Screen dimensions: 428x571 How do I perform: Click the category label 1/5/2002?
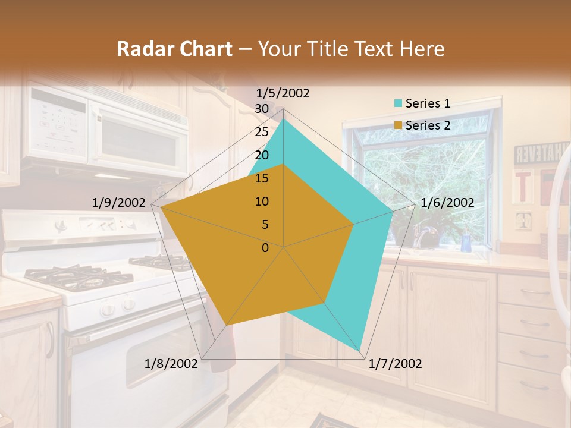pos(283,93)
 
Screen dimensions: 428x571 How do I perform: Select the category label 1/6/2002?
pos(447,203)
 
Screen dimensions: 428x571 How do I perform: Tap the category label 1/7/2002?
pos(395,364)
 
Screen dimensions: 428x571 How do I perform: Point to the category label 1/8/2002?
pos(171,364)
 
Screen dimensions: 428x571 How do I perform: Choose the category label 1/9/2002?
pos(118,203)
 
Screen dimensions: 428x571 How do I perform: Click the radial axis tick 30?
pos(261,109)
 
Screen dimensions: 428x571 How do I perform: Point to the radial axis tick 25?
pos(261,132)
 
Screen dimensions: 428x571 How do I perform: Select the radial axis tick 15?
pos(261,178)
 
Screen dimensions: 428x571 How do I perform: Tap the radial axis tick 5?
pos(265,225)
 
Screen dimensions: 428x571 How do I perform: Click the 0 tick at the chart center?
pos(265,248)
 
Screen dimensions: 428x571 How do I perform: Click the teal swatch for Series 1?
pos(398,104)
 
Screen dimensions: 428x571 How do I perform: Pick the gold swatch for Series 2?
pos(398,125)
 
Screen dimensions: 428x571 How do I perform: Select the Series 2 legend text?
pos(428,125)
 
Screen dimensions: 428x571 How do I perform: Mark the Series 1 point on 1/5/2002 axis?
pos(284,119)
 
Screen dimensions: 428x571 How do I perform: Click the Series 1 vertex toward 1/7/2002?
pos(360,351)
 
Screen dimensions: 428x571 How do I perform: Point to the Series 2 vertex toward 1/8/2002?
pos(226,325)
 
